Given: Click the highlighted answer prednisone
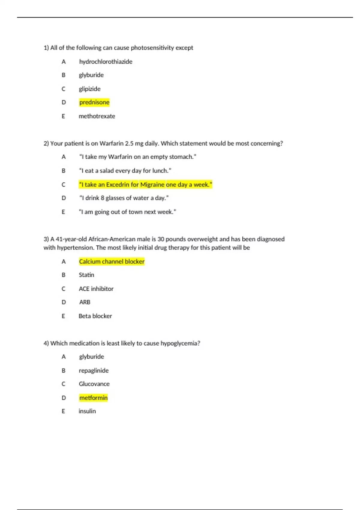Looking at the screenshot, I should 94,102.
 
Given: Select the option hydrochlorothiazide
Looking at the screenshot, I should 106,61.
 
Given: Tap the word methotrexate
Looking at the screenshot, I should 97,116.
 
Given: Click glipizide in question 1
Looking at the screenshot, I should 89,89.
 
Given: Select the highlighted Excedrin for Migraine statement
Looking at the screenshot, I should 145,184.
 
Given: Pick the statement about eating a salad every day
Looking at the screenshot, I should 125,171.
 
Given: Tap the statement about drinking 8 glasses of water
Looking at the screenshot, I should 124,198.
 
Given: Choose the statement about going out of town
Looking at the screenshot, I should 127,212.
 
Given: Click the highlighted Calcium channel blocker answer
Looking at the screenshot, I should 112,262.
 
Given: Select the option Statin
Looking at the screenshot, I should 86,275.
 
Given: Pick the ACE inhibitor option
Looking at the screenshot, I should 96,289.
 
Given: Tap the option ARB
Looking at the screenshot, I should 85,302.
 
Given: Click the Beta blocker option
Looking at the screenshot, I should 95,316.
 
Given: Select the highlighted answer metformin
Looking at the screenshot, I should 93,398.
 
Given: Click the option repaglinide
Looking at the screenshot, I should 94,370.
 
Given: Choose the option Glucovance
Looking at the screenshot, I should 94,384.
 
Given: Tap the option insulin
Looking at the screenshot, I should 87,411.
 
